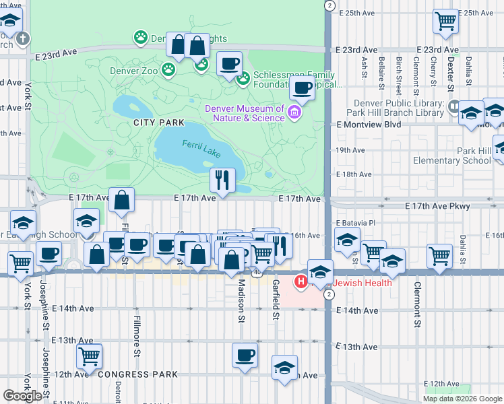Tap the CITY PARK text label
(159, 123)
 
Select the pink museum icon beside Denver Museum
(294, 112)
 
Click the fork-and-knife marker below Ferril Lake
(222, 180)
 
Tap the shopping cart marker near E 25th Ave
(445, 22)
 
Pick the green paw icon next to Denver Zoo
(168, 69)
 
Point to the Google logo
(22, 396)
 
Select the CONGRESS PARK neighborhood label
(137, 374)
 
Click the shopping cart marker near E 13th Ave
(89, 356)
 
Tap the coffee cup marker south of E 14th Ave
(245, 354)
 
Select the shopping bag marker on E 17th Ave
(121, 200)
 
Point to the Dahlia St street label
(463, 250)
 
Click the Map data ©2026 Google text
(462, 399)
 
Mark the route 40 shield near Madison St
(257, 273)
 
